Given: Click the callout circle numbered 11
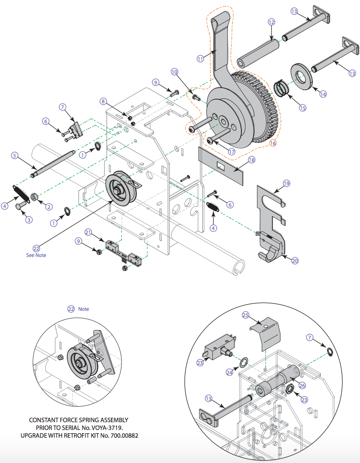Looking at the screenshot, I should (x=200, y=59).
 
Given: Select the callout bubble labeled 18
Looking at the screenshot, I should (x=252, y=160).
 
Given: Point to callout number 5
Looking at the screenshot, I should (x=15, y=155).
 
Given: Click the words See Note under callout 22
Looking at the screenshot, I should (x=36, y=255).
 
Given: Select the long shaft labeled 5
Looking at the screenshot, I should (x=53, y=164).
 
